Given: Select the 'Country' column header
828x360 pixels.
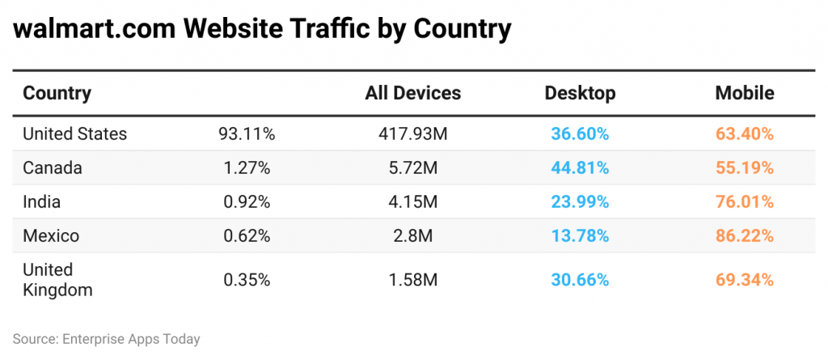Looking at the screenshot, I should [57, 93].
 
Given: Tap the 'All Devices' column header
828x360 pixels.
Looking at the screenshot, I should [412, 93].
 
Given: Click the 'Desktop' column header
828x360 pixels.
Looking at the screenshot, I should [580, 93].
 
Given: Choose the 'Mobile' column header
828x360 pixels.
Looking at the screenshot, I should [744, 93].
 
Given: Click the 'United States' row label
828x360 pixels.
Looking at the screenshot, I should [74, 133].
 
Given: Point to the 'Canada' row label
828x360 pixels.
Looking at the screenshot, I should [53, 168].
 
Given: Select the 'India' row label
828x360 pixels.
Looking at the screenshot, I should [41, 202].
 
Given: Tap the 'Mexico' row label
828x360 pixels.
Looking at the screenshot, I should [51, 236].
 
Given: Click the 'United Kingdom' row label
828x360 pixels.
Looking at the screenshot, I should [57, 279].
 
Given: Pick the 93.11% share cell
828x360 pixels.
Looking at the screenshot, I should [247, 133].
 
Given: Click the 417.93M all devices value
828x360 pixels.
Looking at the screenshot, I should [412, 133].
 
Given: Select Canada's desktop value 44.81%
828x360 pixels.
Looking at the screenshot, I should [580, 168].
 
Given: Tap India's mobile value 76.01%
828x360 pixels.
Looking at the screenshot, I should [744, 202].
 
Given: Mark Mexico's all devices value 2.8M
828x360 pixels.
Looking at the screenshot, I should [412, 236].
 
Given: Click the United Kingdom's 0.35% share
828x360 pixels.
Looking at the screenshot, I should [247, 280].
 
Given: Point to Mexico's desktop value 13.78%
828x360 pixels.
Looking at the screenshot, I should [580, 236].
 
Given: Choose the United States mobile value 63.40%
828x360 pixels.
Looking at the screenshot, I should [744, 133].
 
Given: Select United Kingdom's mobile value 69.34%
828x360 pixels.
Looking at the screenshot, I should [744, 280].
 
